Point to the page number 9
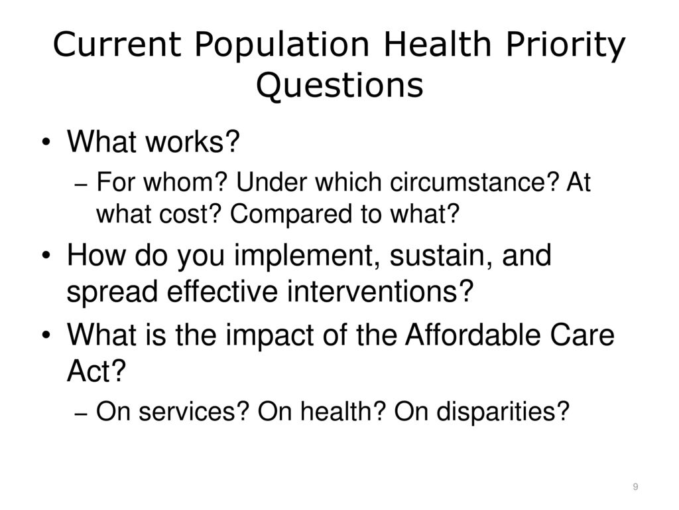coord(635,487)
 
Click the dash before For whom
coord(81,185)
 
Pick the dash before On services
coord(81,413)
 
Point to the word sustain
coord(441,256)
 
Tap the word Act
coord(96,371)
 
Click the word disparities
coord(503,412)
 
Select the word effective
coord(222,291)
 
